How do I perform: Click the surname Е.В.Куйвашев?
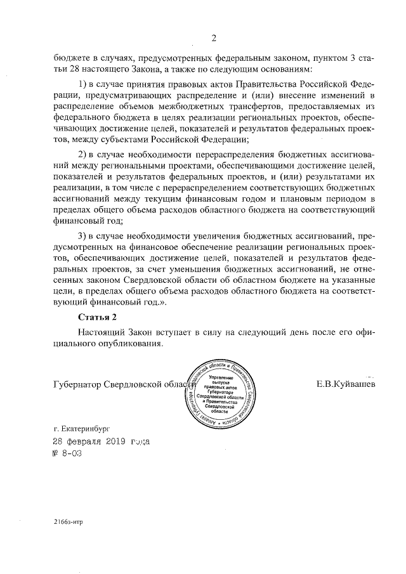[344, 384]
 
